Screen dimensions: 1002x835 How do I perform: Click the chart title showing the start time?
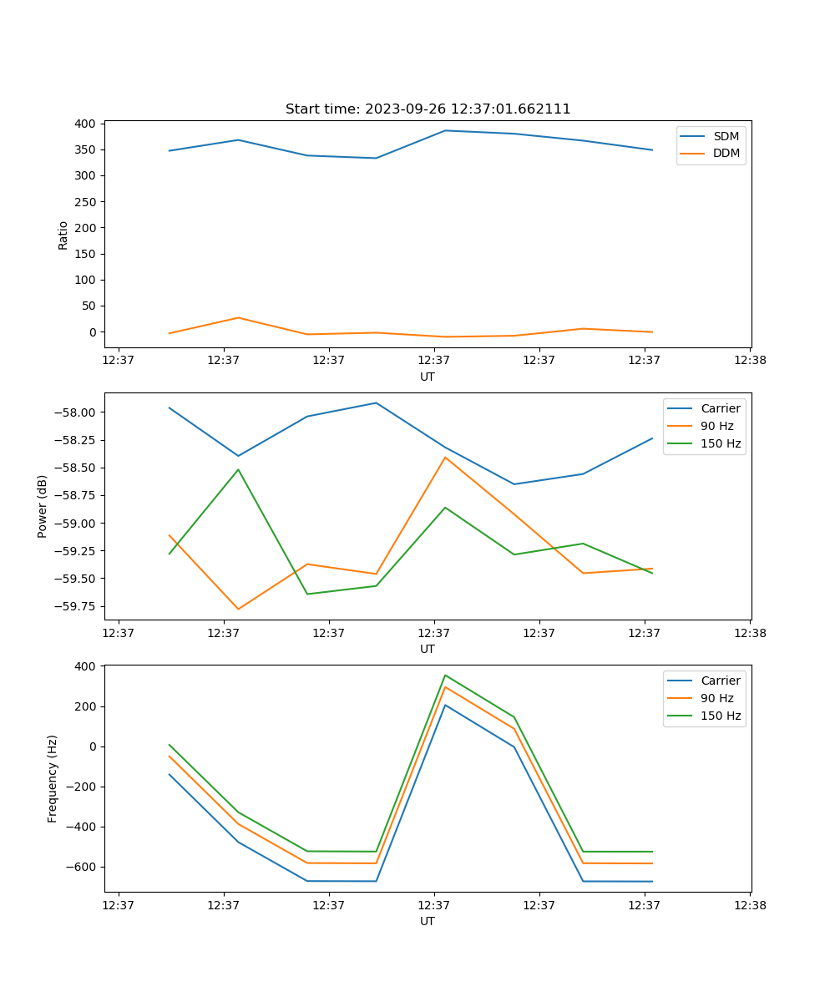[x=428, y=109]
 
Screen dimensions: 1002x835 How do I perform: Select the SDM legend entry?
[x=726, y=136]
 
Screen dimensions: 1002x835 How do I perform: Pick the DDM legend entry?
[x=726, y=153]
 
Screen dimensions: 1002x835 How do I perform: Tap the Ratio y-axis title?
[x=63, y=235]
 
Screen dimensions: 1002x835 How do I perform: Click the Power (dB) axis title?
[x=43, y=506]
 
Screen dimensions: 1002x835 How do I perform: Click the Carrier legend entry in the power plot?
[x=720, y=408]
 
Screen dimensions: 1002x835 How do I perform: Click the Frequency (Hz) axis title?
[x=53, y=778]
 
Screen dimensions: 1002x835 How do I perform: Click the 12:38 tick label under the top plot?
[x=749, y=361]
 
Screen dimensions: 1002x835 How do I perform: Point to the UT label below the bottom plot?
[x=428, y=921]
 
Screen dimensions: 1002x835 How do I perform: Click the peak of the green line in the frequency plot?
[x=445, y=675]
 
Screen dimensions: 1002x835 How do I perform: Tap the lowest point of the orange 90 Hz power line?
[x=238, y=609]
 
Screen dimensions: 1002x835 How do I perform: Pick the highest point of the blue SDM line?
[x=445, y=130]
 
